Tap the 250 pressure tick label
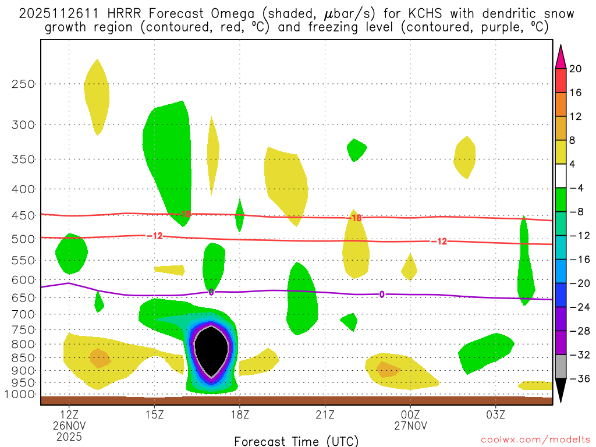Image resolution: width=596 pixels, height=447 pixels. pos(23,84)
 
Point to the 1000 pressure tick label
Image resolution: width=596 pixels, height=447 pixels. pos(20,394)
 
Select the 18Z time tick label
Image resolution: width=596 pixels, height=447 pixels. pos(240,415)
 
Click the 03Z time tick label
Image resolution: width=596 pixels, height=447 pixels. pos(496,415)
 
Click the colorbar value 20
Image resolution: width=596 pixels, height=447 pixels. pos(576,69)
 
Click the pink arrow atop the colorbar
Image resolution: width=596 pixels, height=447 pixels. pos(560,56)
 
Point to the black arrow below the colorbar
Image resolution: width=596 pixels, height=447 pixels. pos(560,390)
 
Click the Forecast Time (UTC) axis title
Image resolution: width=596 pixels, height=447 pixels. pos(296,441)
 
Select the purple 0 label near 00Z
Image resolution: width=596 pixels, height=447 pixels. pos(381,295)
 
